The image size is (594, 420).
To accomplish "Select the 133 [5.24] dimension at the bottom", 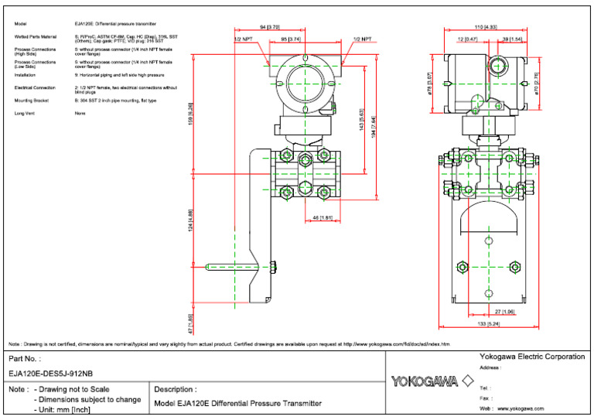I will pyautogui.click(x=485, y=325).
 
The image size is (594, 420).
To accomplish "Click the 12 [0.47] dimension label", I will pyautogui.click(x=468, y=38).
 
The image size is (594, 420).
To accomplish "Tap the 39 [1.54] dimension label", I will pyautogui.click(x=512, y=38).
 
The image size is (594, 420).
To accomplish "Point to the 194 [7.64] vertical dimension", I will pyautogui.click(x=373, y=124).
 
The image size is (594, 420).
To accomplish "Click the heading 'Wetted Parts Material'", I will pyautogui.click(x=36, y=36).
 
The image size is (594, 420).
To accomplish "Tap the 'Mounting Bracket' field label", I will pyautogui.click(x=32, y=101).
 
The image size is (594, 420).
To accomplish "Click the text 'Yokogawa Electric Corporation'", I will pyautogui.click(x=532, y=357).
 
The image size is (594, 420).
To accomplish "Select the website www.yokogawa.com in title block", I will pyautogui.click(x=520, y=408).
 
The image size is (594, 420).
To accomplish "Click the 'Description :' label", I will pyautogui.click(x=175, y=389).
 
